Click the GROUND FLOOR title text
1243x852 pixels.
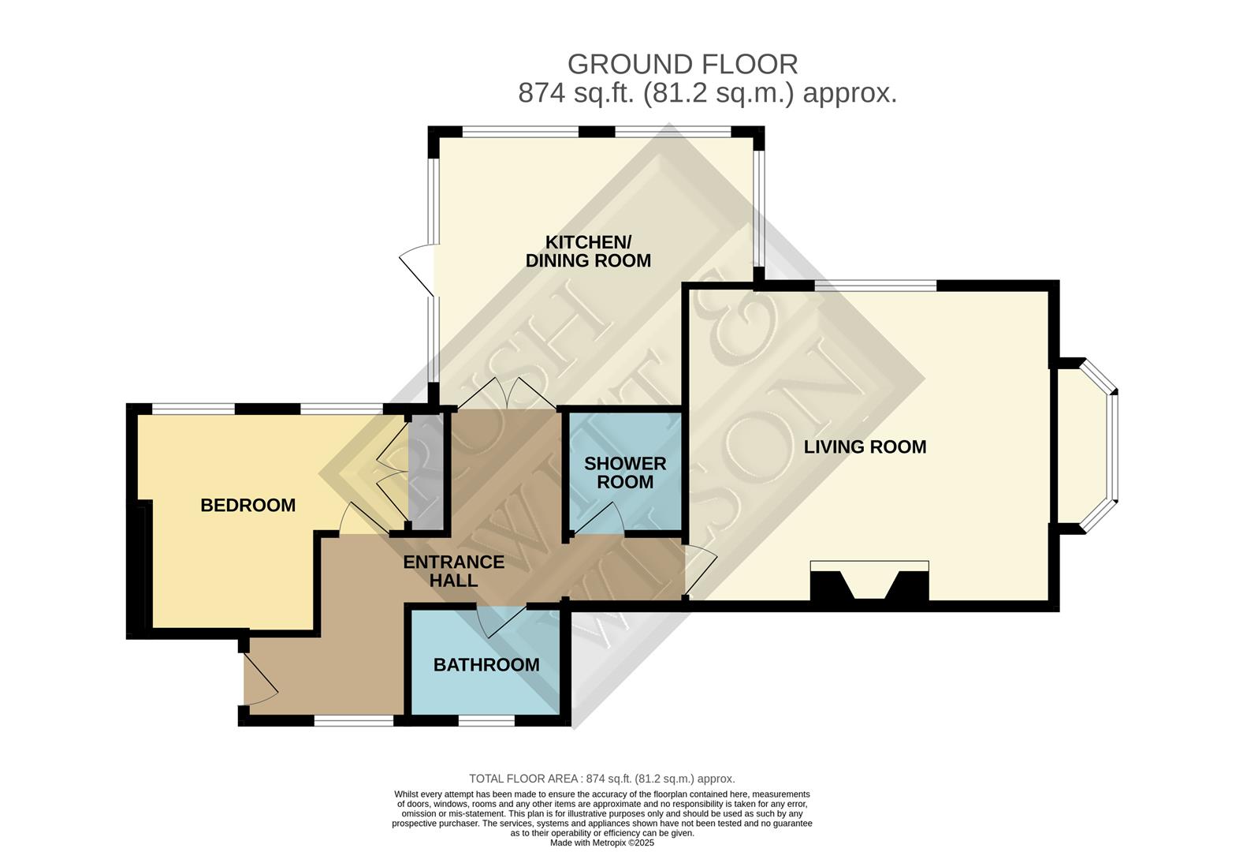(x=683, y=63)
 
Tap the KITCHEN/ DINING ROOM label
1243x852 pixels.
(x=589, y=251)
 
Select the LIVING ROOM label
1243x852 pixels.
(x=865, y=447)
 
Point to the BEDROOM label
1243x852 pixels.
(x=247, y=506)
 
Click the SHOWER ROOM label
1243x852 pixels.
(x=625, y=473)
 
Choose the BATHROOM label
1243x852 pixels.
(x=486, y=665)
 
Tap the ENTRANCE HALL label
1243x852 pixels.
(x=453, y=571)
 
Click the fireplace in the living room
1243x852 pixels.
(x=869, y=584)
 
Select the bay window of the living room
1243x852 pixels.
(x=1096, y=446)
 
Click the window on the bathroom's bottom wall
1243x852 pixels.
(x=486, y=720)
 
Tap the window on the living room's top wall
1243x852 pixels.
(x=875, y=285)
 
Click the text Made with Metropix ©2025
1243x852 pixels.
(x=602, y=843)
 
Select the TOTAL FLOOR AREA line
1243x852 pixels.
(x=602, y=779)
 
